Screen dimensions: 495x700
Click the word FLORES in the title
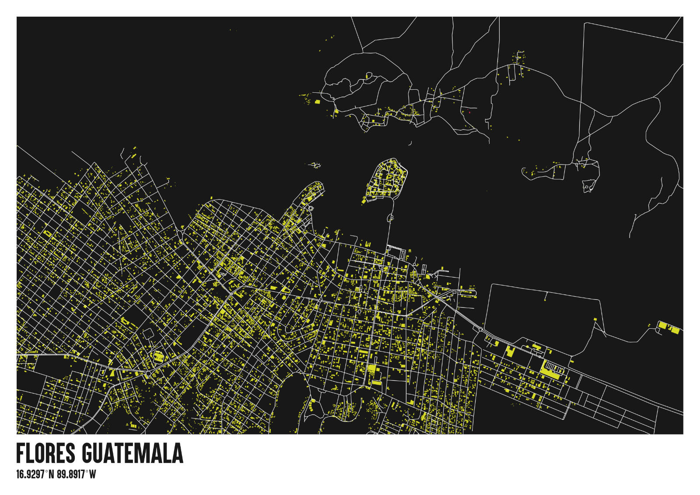pos(45,453)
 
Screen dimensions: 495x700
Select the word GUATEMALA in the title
pos(133,453)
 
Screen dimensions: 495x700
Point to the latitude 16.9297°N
pos(35,474)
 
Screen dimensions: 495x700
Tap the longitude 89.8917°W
pos(76,474)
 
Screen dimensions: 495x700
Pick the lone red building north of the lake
pos(469,112)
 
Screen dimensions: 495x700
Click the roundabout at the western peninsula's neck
pos(311,209)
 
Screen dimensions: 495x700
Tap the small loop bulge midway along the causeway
pos(390,217)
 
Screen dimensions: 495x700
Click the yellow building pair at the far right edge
pos(668,327)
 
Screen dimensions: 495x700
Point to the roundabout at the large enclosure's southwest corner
pos(481,329)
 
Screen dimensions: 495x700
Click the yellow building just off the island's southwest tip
pos(364,200)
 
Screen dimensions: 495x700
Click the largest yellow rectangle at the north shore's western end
pos(317,102)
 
